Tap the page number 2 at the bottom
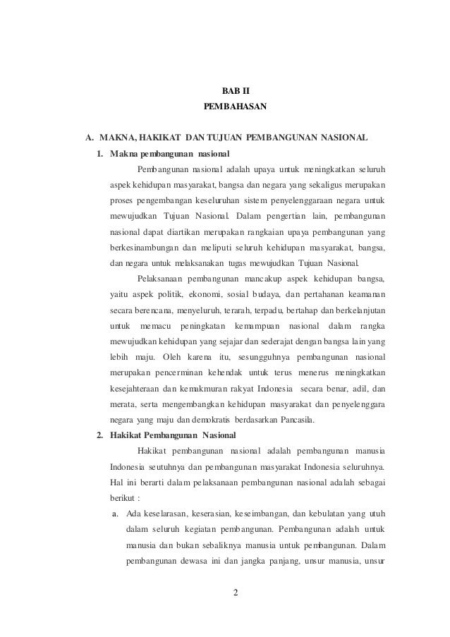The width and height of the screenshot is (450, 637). coord(236,590)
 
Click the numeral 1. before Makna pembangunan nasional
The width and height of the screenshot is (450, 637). coord(101,153)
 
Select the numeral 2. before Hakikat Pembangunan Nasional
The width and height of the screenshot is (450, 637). coord(101,433)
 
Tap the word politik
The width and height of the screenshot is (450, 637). coord(183,293)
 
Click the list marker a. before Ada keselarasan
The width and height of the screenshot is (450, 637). coord(117,514)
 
